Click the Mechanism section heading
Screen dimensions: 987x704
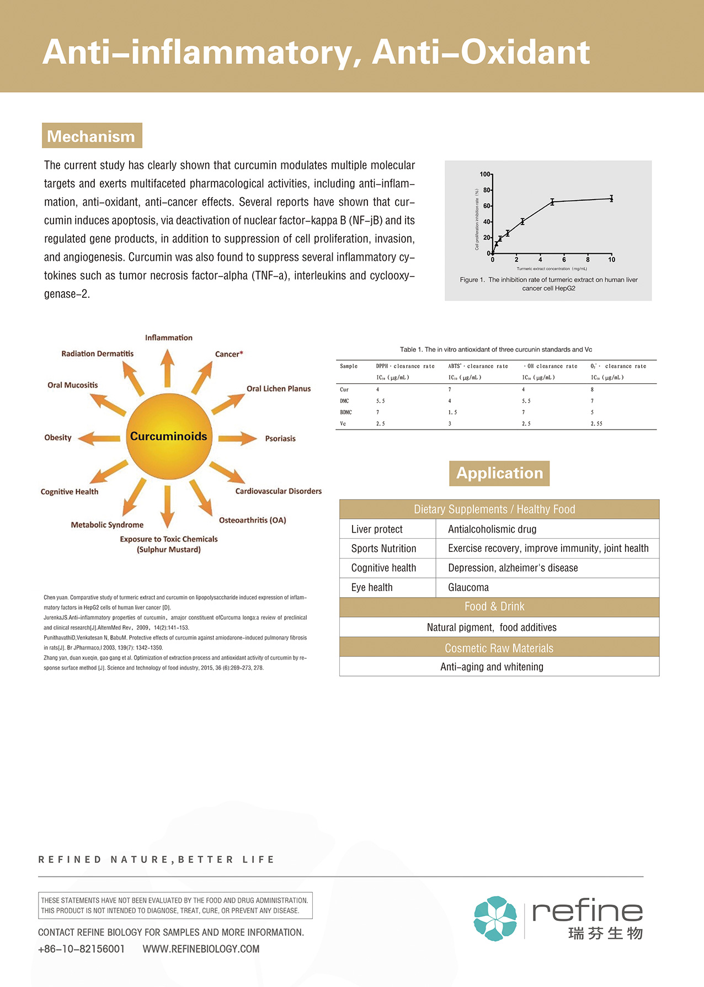click(x=92, y=136)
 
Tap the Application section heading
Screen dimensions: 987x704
click(x=499, y=473)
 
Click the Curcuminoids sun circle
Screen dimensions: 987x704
click(x=169, y=437)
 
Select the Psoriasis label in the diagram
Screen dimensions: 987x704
click(x=280, y=439)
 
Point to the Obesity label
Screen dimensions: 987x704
click(x=58, y=438)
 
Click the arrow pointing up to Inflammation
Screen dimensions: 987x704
click(x=168, y=368)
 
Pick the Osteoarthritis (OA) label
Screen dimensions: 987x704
click(x=252, y=521)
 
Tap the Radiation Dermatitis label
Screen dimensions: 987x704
click(x=97, y=353)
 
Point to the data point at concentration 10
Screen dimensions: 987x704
click(x=611, y=199)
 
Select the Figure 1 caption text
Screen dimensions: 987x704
click(x=548, y=284)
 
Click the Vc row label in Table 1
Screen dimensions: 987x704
click(x=343, y=423)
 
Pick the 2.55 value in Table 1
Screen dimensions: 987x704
click(x=596, y=423)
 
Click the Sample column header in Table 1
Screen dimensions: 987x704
click(x=349, y=366)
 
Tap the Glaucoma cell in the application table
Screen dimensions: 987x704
click(x=468, y=588)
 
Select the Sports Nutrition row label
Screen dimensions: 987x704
click(x=383, y=549)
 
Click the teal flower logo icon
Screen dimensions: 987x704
click(x=495, y=918)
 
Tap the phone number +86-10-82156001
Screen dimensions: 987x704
click(x=82, y=949)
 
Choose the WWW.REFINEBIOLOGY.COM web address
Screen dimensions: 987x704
click(x=201, y=949)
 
